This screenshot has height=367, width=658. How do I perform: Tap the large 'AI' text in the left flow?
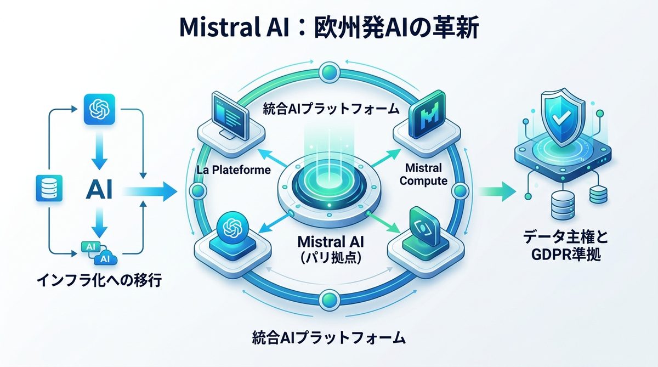tap(99, 190)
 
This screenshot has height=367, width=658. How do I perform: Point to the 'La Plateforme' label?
tap(234, 170)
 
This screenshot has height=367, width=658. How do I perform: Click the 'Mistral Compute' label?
tap(423, 173)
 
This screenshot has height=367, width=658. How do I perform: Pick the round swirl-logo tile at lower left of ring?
tap(234, 231)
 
